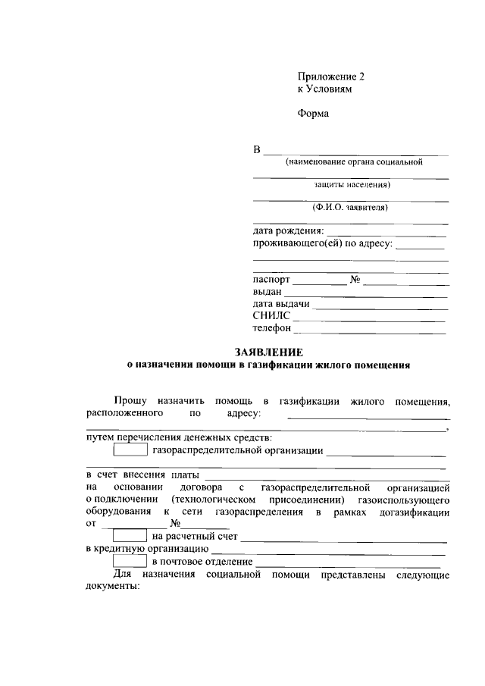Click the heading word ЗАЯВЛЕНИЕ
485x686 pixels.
pos(269,352)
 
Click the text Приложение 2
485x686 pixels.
pos(331,77)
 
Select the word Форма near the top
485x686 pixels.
pos(314,114)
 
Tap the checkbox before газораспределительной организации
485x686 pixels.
pos(130,451)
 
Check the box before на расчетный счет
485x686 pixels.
pos(130,537)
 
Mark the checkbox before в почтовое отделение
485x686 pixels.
pos(130,562)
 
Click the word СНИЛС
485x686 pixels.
pos(271,316)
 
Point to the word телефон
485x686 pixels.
pos(272,328)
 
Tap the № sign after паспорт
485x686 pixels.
pos(355,279)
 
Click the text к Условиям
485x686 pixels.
pos(325,89)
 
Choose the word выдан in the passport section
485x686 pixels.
pos(268,292)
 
